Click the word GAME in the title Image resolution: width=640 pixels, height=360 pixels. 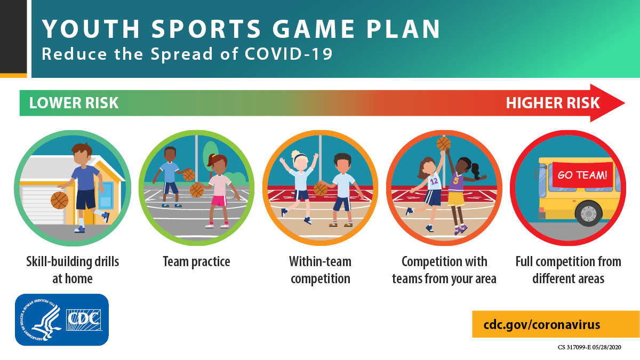pos(314,29)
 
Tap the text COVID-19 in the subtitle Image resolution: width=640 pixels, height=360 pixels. pos(289,54)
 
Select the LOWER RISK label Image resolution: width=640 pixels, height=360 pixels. pos(74,103)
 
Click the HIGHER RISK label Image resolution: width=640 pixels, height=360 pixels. pos(553,103)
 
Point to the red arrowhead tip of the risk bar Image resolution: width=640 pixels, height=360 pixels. pos(625,103)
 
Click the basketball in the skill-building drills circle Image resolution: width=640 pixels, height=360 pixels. pos(59,201)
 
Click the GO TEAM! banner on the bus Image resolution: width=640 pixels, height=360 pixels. pos(582,175)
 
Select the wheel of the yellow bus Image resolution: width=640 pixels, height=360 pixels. pos(589,213)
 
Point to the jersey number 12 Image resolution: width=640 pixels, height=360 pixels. pos(434,181)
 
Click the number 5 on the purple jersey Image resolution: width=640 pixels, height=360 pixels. pos(455,181)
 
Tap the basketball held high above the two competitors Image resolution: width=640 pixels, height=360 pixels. pos(443,143)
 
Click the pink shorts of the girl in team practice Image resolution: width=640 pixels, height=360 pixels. pos(219,201)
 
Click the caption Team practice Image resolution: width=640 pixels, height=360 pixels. pos(197,262)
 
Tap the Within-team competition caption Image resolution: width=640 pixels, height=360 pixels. pos(321,270)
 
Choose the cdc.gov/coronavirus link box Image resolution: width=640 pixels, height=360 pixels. pos(556,324)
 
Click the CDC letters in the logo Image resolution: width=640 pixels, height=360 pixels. pos(83,319)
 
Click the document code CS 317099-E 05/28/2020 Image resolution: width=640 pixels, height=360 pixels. pos(589,347)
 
